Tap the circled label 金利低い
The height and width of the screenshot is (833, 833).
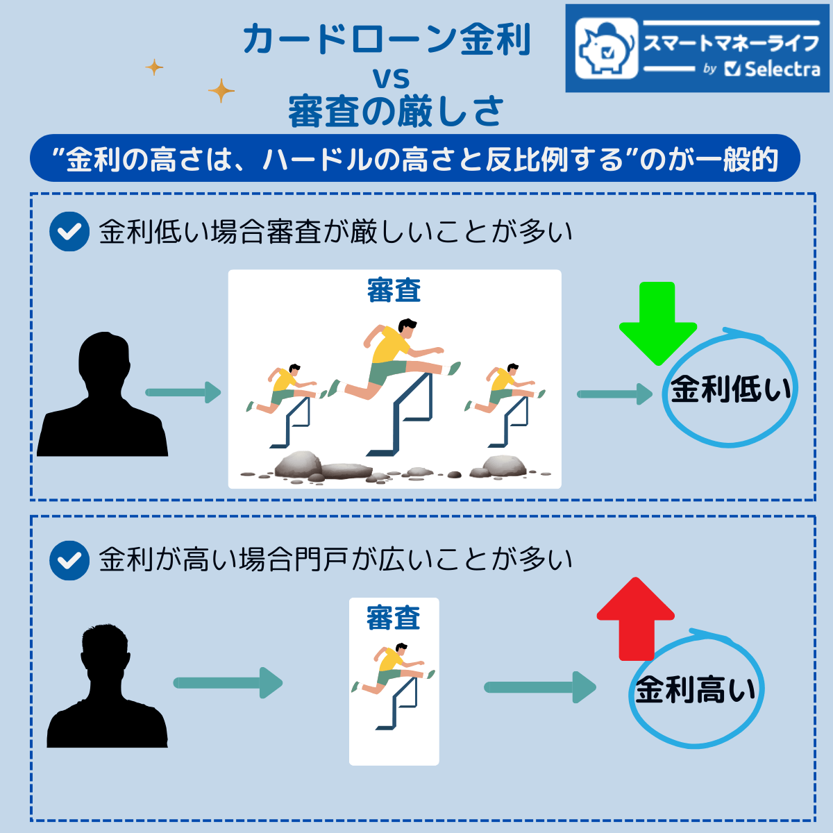pyautogui.click(x=730, y=389)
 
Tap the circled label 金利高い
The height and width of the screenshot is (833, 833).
pyautogui.click(x=696, y=690)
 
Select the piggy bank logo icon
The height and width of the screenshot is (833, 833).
pyautogui.click(x=606, y=48)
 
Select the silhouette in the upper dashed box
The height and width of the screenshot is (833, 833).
pyautogui.click(x=103, y=396)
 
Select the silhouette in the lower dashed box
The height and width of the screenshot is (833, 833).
pyautogui.click(x=107, y=687)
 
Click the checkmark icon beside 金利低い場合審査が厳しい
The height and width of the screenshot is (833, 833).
pyautogui.click(x=69, y=232)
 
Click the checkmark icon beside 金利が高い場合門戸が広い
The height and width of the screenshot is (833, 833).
pyautogui.click(x=69, y=560)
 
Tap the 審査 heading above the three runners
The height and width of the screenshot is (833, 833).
pyautogui.click(x=394, y=291)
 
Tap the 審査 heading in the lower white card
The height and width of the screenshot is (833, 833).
pyautogui.click(x=394, y=618)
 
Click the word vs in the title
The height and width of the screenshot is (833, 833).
pyautogui.click(x=392, y=78)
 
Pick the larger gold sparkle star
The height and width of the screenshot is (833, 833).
pyautogui.click(x=221, y=90)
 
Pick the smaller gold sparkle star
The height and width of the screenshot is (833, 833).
pyautogui.click(x=154, y=67)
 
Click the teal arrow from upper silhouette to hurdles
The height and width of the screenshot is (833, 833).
pyautogui.click(x=183, y=393)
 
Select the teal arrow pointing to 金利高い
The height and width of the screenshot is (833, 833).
pyautogui.click(x=539, y=687)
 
